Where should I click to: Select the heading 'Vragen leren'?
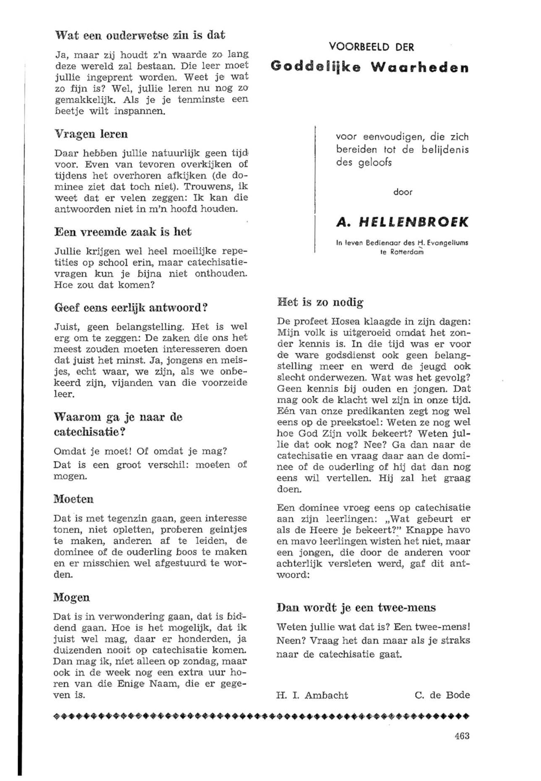point(91,134)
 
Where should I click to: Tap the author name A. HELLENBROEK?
point(402,222)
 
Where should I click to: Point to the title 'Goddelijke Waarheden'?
point(370,67)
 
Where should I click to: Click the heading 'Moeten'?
point(74,499)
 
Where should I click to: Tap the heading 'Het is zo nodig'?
point(320,302)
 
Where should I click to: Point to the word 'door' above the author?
point(403,192)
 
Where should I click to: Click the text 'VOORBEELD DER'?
point(372,47)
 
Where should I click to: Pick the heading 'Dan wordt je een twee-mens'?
point(356,607)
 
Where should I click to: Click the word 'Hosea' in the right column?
point(346,321)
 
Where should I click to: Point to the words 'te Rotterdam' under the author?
point(402,252)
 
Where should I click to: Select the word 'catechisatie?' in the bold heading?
point(87,432)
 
